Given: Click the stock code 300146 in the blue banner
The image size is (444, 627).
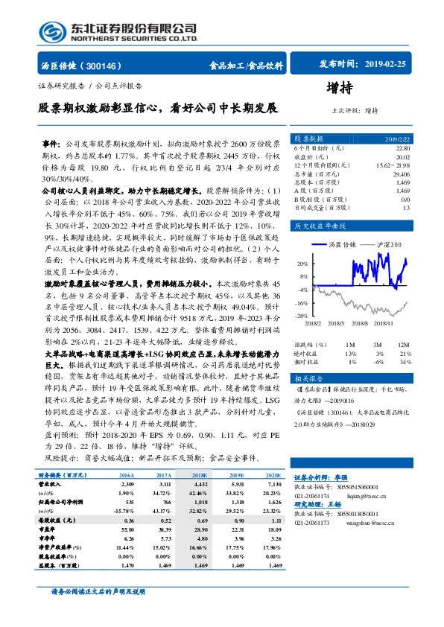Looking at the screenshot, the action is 107,66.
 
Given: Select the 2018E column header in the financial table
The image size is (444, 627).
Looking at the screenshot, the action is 200,474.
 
